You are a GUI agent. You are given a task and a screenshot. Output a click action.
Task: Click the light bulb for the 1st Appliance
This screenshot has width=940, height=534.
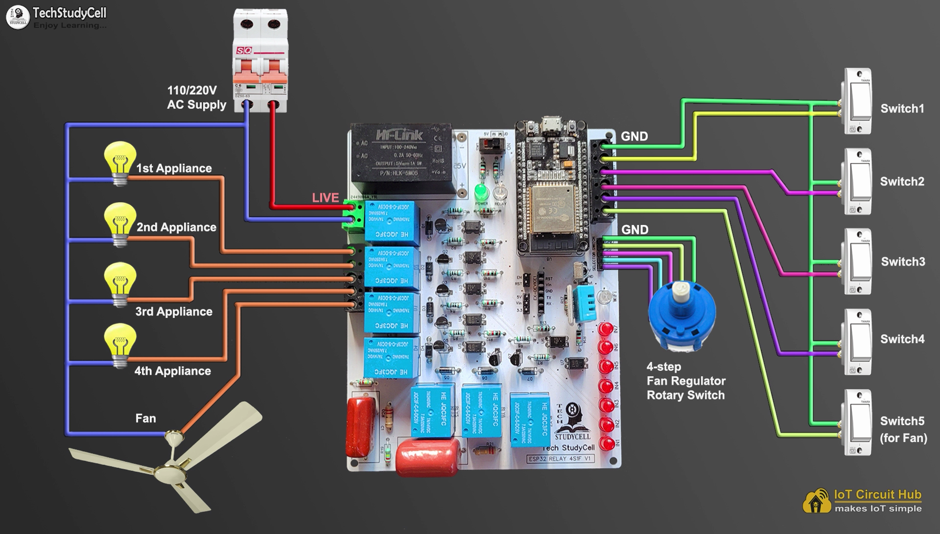point(120,162)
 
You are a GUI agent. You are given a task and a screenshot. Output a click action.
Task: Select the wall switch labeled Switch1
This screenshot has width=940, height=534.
point(858,102)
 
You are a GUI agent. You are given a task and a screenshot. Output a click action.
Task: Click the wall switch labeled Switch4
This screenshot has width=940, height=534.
point(858,341)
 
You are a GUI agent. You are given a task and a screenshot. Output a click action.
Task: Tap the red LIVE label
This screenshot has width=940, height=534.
point(326,198)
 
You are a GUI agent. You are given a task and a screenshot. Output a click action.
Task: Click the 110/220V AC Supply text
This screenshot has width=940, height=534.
point(196,97)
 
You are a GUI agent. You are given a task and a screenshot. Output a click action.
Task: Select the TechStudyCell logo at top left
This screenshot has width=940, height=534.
point(56,17)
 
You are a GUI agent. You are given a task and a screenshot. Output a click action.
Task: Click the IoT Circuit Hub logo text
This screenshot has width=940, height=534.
point(877,495)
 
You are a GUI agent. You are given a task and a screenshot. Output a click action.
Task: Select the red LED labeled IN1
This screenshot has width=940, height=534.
point(607,444)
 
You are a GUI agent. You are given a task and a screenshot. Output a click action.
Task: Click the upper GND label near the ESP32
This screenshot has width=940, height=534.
point(634,137)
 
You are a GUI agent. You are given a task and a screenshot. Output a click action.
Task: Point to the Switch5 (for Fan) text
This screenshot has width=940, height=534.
point(903,429)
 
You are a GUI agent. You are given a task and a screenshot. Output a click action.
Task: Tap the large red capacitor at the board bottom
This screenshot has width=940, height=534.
point(427,456)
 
